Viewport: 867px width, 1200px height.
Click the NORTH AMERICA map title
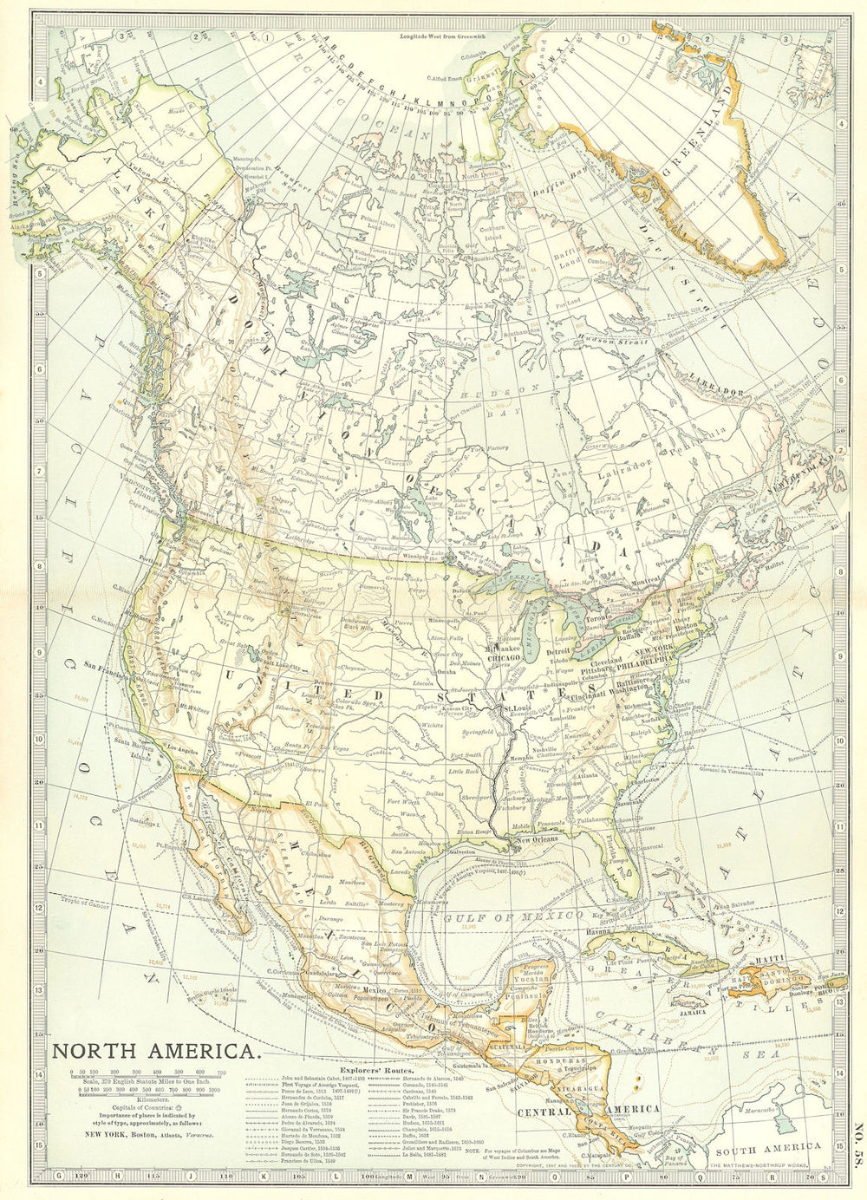(x=156, y=1053)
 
